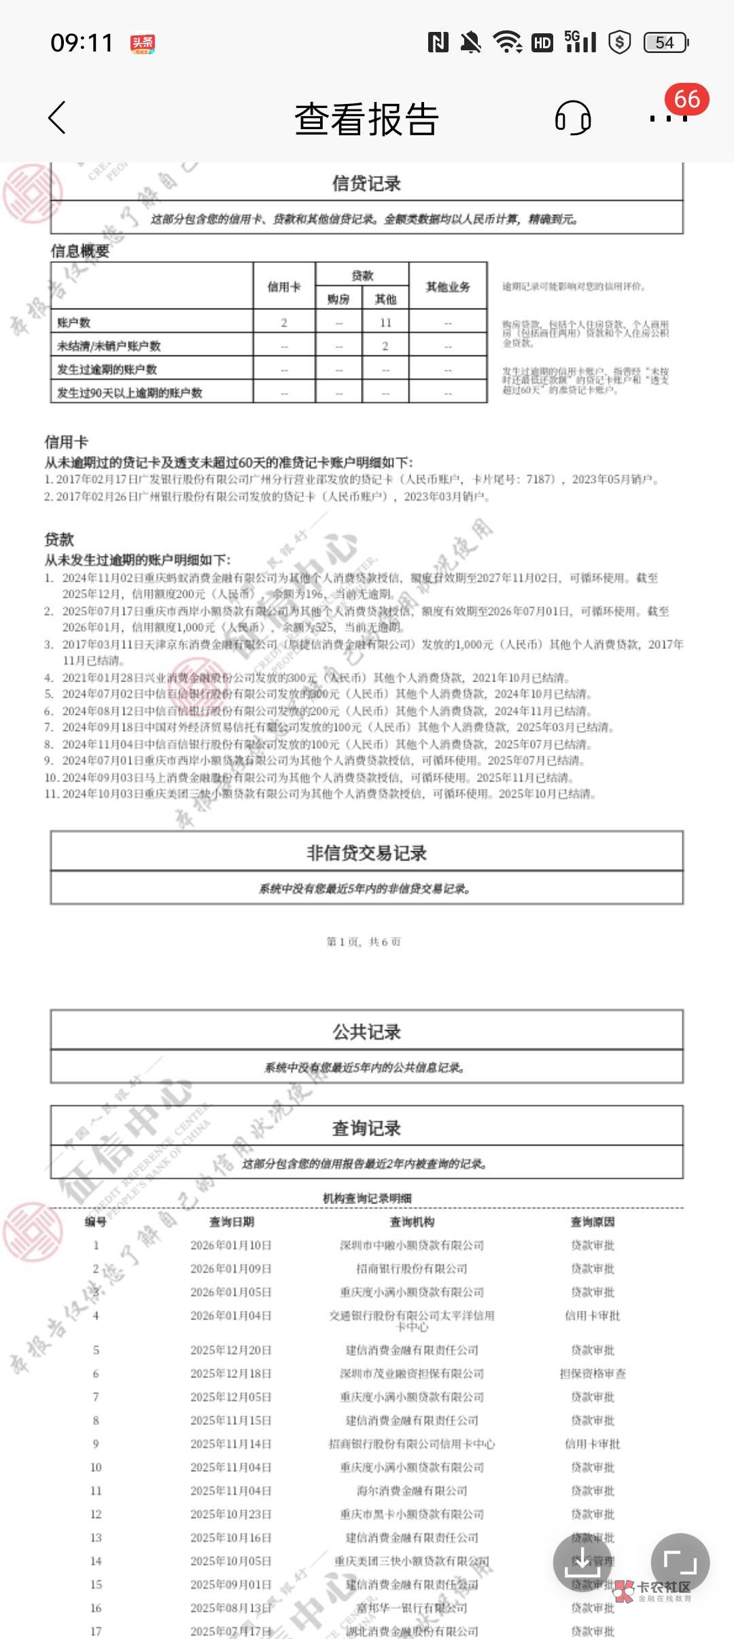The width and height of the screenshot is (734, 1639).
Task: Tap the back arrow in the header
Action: pyautogui.click(x=58, y=118)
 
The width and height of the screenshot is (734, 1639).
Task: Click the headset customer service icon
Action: pyautogui.click(x=573, y=118)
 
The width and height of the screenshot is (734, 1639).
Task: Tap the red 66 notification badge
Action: pyautogui.click(x=686, y=99)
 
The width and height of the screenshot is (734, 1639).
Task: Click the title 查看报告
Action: pyautogui.click(x=366, y=120)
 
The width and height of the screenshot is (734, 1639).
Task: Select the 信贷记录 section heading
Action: pyautogui.click(x=366, y=183)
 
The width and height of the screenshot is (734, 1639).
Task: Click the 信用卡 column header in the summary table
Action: pyautogui.click(x=284, y=287)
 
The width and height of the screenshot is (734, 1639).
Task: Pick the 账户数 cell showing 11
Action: pyautogui.click(x=385, y=323)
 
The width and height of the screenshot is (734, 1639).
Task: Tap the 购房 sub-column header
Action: pyautogui.click(x=338, y=299)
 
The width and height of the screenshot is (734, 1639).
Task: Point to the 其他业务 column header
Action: pyautogui.click(x=448, y=287)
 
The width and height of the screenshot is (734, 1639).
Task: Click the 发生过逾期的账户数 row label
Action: pyautogui.click(x=107, y=370)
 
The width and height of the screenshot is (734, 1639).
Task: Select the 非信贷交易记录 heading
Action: pyautogui.click(x=366, y=853)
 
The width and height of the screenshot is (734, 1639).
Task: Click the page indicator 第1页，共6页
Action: pyautogui.click(x=364, y=942)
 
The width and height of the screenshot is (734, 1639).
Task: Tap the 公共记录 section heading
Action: pyautogui.click(x=366, y=1032)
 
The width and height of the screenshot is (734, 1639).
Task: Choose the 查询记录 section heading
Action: pyautogui.click(x=366, y=1129)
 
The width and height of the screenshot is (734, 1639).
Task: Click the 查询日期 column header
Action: pyautogui.click(x=231, y=1222)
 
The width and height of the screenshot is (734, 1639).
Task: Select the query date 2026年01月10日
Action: pyautogui.click(x=231, y=1246)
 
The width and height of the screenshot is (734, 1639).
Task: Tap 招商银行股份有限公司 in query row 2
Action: pyautogui.click(x=412, y=1269)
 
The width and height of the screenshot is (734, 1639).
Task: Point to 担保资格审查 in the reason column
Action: pyautogui.click(x=593, y=1373)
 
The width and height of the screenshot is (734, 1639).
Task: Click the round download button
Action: pyautogui.click(x=583, y=1563)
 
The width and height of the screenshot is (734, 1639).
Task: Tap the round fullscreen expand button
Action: pyautogui.click(x=680, y=1563)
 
